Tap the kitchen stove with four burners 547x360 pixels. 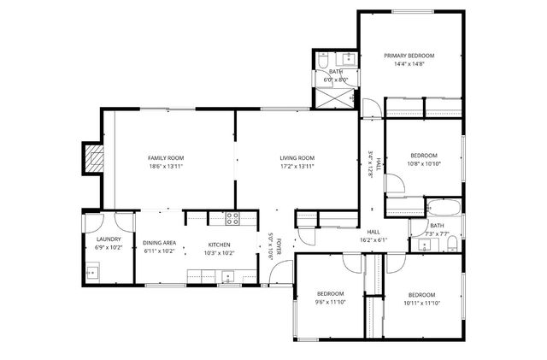coord(232,218)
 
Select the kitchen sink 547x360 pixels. coord(226,276)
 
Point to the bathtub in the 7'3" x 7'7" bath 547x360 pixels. coord(443,208)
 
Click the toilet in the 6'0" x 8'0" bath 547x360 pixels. coord(323,61)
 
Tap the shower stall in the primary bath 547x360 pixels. coord(329,97)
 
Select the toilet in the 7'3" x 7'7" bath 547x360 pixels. coord(450,245)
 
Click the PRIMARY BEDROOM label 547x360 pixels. coord(409,55)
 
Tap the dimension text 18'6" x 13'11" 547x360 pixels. coord(166,167)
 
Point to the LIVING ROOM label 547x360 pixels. coord(297,158)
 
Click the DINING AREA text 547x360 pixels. coord(160,243)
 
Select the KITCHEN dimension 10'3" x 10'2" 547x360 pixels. coord(219,253)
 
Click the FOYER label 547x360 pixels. coord(277,246)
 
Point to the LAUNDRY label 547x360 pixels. coord(109,239)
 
